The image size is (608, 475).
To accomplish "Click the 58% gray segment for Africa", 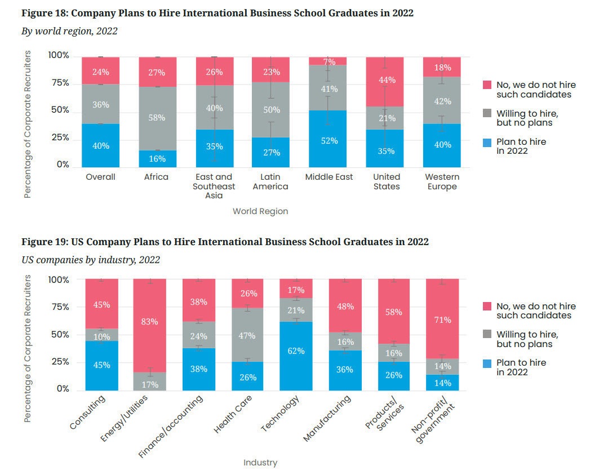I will (x=157, y=118).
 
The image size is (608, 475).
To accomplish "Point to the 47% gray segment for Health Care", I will (x=247, y=336).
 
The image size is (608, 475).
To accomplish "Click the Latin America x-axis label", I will (x=270, y=181).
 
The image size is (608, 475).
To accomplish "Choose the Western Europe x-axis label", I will (x=442, y=181).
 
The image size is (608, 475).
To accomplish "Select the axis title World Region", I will (x=260, y=211).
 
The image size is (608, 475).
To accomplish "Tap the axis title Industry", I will (x=260, y=463).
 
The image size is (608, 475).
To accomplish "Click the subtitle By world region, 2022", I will (x=69, y=31).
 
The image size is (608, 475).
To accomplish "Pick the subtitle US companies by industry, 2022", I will (x=91, y=260).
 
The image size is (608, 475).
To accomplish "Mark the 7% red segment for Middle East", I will (x=329, y=61).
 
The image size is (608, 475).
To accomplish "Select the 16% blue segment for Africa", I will (x=157, y=159).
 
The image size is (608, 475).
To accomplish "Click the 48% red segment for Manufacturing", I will (x=345, y=306).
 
